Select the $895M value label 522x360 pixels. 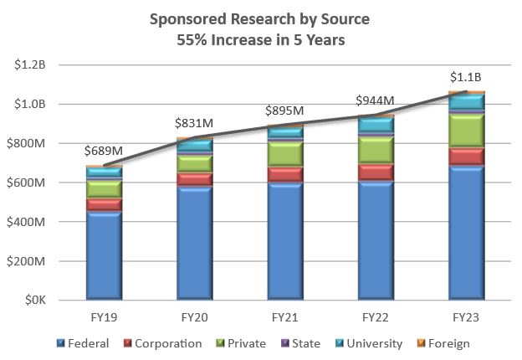click(284, 111)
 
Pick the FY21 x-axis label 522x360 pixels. click(284, 318)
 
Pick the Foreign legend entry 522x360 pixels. click(446, 343)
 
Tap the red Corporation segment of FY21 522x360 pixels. click(284, 174)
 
